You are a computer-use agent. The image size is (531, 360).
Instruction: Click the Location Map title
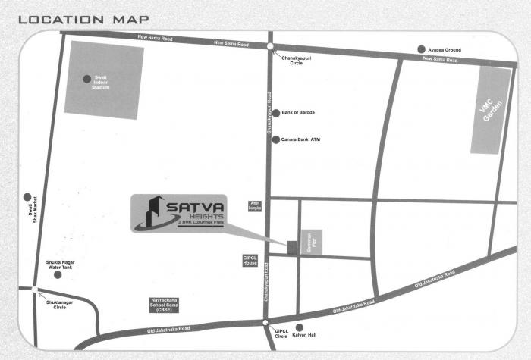point(83,19)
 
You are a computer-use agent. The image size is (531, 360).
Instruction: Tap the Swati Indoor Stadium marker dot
point(87,77)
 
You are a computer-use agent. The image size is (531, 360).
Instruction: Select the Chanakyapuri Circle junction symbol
point(270,47)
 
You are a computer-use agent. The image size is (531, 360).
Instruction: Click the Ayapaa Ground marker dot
point(422,49)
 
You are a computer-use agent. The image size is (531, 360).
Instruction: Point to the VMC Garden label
point(491,110)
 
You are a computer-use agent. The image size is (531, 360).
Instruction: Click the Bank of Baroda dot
point(276,112)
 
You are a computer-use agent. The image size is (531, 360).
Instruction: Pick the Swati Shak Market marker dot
point(27,196)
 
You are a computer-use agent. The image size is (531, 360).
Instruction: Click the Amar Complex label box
point(255,206)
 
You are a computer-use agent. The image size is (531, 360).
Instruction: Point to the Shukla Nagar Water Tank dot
point(58,274)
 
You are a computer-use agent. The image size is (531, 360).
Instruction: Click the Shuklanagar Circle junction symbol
point(35,290)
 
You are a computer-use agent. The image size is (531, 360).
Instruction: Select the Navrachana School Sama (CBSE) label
point(165,306)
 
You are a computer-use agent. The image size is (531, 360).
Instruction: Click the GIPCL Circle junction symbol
point(265,324)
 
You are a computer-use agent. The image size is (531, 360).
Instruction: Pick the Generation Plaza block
point(312,242)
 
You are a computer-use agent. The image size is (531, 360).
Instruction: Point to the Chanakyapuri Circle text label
point(298,60)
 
